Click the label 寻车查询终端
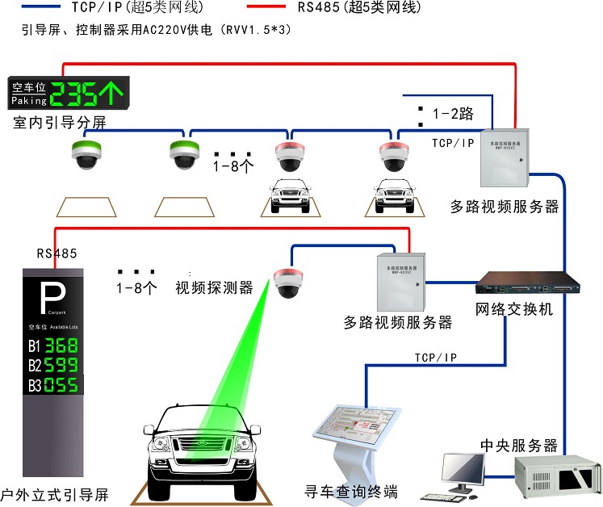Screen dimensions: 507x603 click(x=351, y=492)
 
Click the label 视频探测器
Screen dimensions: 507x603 click(x=214, y=288)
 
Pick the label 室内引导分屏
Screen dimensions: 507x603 click(x=60, y=123)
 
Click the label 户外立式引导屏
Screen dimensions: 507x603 click(x=54, y=494)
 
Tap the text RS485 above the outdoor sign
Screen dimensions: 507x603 click(x=57, y=253)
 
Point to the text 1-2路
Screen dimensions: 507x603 click(x=453, y=114)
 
